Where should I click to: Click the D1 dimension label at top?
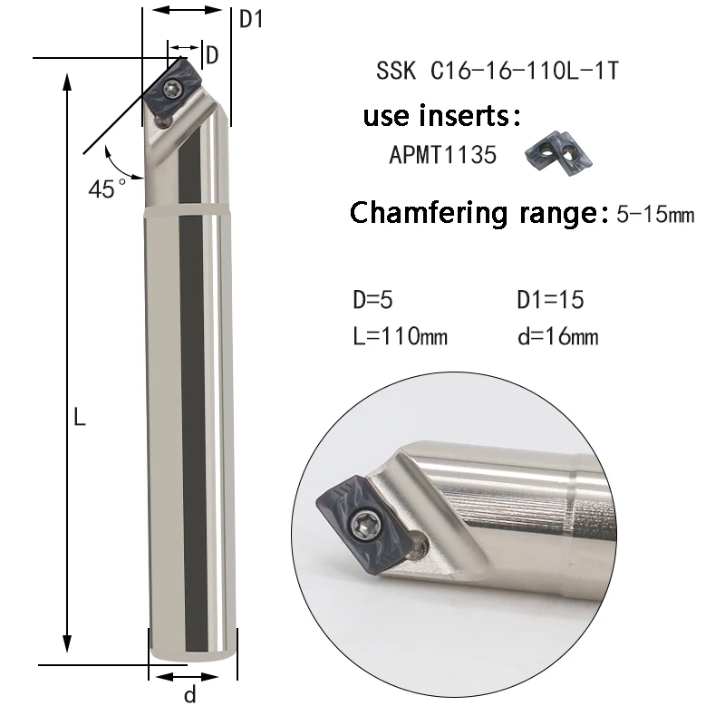tap(250, 19)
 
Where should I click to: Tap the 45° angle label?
tap(107, 188)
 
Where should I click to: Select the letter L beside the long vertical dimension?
tap(80, 418)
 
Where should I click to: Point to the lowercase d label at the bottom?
tap(190, 696)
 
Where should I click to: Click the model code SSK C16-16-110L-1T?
tap(497, 72)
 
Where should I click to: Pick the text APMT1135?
tap(442, 155)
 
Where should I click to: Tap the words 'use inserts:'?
tap(442, 116)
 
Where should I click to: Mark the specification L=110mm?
tap(400, 336)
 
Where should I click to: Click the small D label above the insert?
tap(212, 54)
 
